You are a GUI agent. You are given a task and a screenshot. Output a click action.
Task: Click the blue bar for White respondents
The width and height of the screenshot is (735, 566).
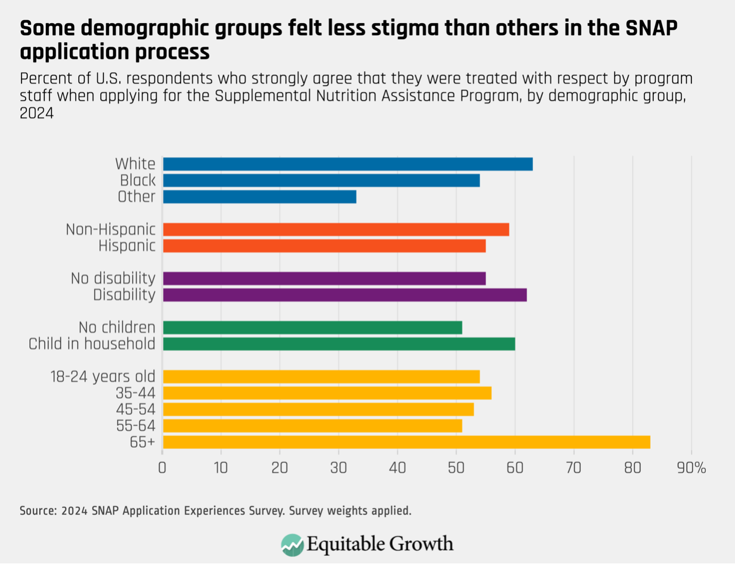click(x=347, y=164)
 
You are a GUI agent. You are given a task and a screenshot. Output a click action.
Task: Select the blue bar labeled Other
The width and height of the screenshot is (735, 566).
click(x=260, y=197)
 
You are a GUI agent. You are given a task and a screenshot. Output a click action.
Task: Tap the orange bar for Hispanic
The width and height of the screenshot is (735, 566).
click(x=324, y=246)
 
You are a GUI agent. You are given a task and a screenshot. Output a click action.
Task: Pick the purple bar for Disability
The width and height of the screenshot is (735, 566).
click(x=344, y=295)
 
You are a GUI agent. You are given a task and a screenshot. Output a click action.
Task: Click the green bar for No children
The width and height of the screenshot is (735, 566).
click(x=313, y=328)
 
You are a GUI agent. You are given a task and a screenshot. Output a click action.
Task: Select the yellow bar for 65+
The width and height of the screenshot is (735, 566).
click(x=406, y=442)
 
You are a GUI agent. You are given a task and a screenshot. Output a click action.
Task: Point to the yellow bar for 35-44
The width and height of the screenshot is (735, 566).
click(x=327, y=393)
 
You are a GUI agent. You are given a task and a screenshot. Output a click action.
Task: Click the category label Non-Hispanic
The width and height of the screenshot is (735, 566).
click(x=110, y=229)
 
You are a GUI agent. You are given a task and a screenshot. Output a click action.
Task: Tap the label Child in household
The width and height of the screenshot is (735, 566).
click(x=91, y=344)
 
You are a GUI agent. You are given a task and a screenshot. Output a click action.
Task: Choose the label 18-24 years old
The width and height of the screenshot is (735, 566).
click(x=102, y=377)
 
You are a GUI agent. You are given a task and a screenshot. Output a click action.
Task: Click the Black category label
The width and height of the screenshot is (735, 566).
click(x=137, y=181)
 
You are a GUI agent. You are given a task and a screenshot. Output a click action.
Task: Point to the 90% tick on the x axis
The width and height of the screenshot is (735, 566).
click(x=691, y=468)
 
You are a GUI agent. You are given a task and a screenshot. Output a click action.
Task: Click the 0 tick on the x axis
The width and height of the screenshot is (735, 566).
click(x=162, y=468)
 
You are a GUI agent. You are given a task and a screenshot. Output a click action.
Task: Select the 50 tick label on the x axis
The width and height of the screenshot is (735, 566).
click(x=456, y=468)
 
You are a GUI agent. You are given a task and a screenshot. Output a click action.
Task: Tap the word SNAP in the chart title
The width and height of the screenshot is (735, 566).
click(x=651, y=28)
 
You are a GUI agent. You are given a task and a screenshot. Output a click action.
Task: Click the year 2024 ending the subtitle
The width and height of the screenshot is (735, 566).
click(x=36, y=113)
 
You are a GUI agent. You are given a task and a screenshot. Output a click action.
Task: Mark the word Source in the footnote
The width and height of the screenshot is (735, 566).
click(x=38, y=511)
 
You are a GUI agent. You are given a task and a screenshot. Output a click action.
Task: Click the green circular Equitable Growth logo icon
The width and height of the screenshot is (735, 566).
click(x=292, y=545)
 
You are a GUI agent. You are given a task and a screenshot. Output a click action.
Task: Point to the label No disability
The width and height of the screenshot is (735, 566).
click(x=113, y=278)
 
